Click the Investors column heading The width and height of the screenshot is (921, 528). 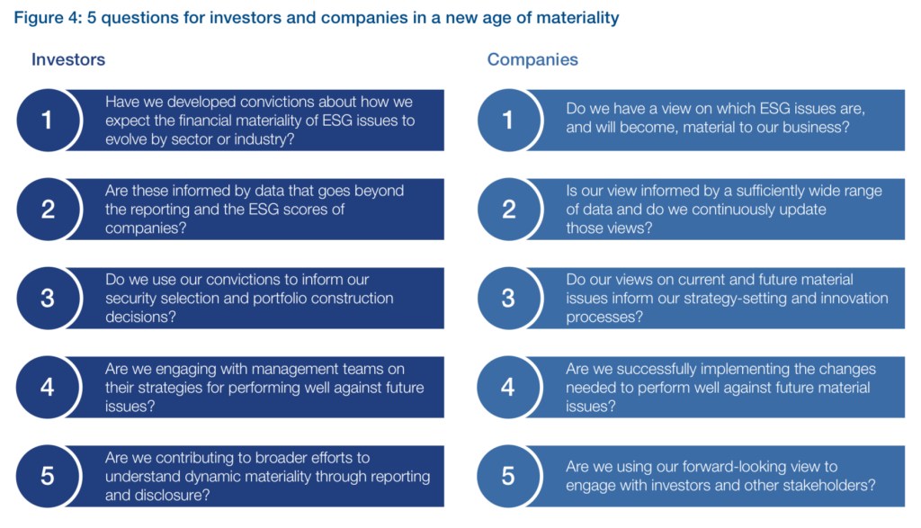(68, 59)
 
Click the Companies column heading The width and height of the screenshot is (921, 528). (532, 60)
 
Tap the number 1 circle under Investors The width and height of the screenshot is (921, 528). (48, 120)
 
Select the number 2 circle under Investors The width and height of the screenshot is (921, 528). (48, 209)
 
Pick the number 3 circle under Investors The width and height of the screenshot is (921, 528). (48, 298)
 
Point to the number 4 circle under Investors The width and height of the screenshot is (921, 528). (48, 387)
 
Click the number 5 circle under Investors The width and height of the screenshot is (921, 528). (48, 476)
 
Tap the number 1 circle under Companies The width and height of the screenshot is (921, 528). (508, 120)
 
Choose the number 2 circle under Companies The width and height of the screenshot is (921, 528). (508, 209)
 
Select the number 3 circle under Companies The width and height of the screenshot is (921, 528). (508, 298)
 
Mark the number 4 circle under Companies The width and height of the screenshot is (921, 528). (508, 387)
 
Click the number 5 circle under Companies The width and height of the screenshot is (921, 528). (508, 476)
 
